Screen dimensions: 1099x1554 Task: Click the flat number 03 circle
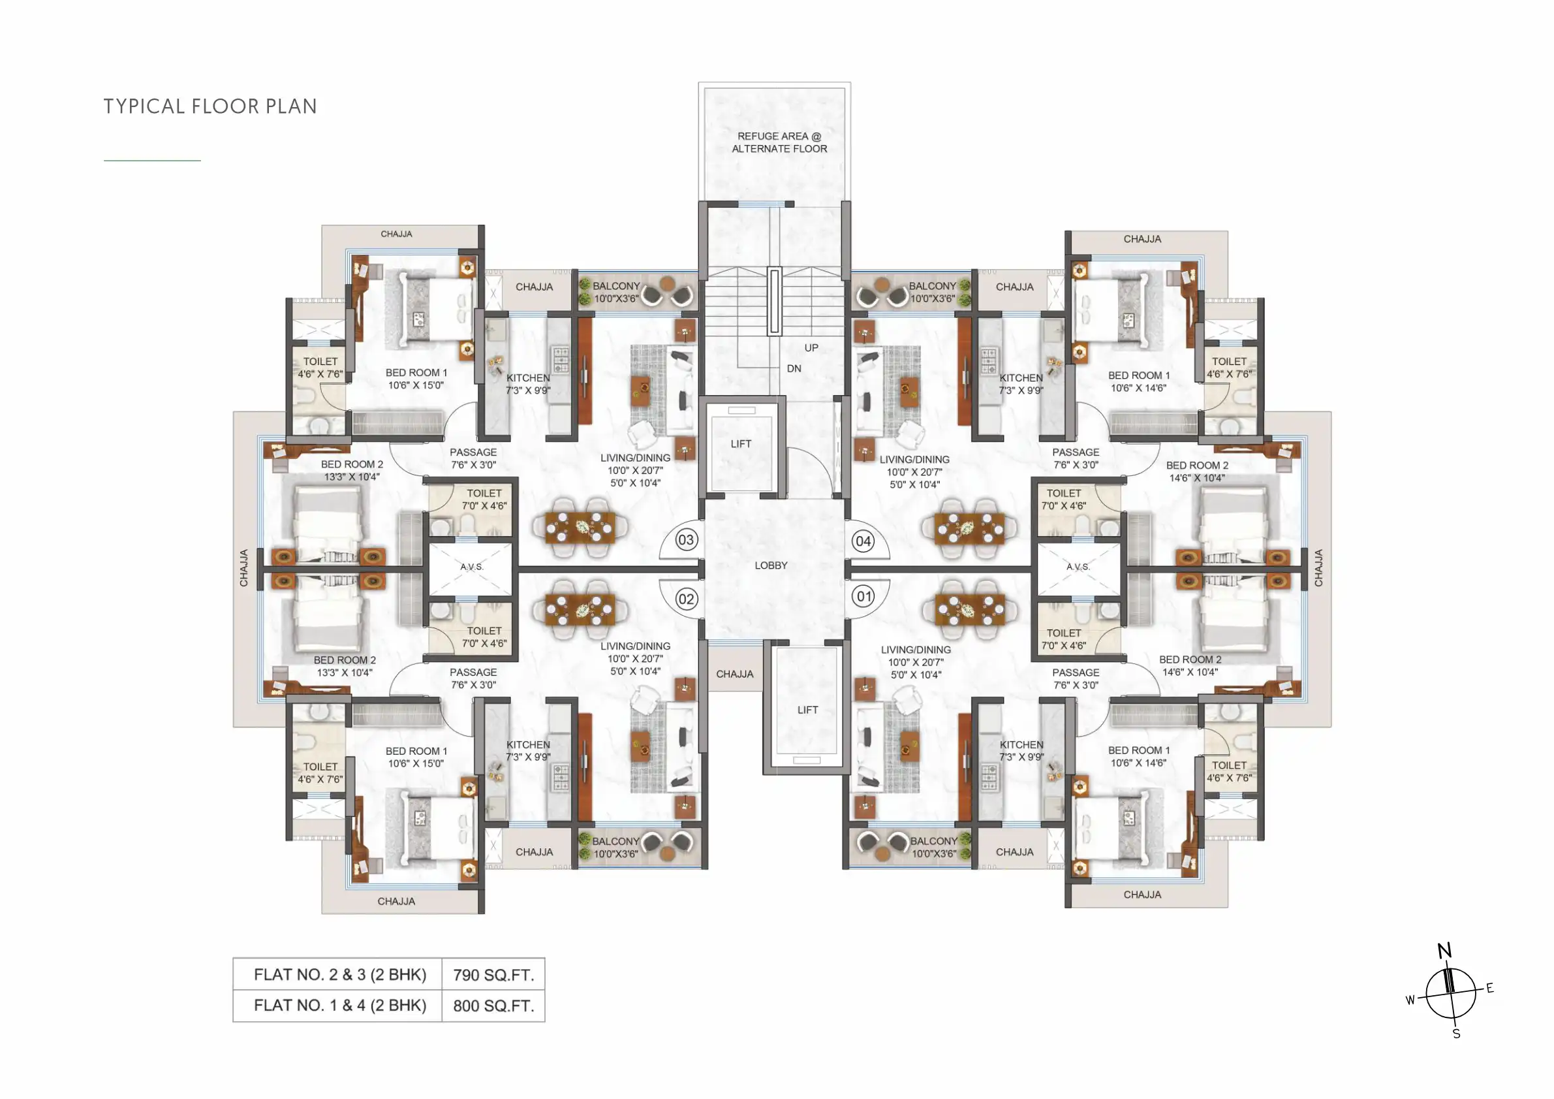[x=686, y=539]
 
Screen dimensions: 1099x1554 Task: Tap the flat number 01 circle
[x=863, y=597]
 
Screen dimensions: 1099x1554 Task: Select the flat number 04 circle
[x=863, y=541]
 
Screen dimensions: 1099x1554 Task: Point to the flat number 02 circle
[x=686, y=599]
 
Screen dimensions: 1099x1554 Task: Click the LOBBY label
[x=771, y=565]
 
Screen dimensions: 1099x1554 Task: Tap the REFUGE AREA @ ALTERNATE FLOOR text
[x=779, y=142]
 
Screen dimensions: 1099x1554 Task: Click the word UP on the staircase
[x=811, y=348]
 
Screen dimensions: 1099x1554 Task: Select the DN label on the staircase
[x=794, y=369]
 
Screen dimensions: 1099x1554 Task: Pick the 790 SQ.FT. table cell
[x=493, y=975]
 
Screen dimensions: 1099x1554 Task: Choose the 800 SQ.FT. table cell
[x=493, y=1006]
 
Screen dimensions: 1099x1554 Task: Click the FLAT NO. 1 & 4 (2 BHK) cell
[x=340, y=1006]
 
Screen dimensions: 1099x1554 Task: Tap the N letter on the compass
[x=1444, y=951]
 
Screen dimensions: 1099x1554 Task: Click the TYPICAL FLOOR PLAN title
[x=210, y=106]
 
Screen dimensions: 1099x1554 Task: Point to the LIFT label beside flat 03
[x=741, y=444]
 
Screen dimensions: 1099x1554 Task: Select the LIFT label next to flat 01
[x=807, y=710]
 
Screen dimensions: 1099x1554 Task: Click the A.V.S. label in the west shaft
[x=472, y=567]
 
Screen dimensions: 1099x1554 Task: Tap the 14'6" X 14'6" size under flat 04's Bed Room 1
[x=1138, y=388]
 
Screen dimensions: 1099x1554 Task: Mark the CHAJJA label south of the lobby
[x=734, y=675]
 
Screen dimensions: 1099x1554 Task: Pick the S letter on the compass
[x=1456, y=1034]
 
